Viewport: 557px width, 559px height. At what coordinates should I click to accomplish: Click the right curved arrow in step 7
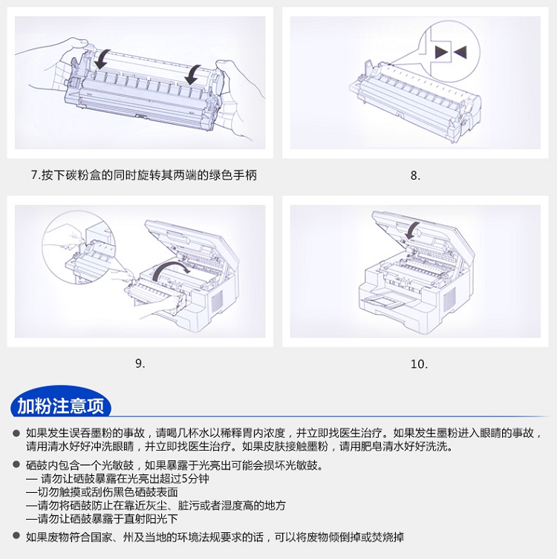(193, 74)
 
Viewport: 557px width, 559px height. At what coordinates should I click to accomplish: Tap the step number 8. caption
(415, 175)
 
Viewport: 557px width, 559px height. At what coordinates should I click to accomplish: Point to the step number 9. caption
(140, 364)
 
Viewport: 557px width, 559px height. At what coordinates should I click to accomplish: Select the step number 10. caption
(419, 364)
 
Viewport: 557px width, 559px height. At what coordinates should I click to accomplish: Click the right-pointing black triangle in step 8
(441, 52)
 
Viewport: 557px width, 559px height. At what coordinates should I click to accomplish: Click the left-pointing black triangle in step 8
(460, 52)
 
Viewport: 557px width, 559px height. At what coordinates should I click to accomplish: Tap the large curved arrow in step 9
(168, 266)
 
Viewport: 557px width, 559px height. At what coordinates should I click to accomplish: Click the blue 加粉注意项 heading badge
(61, 402)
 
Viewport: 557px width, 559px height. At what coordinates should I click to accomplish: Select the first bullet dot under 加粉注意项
(16, 433)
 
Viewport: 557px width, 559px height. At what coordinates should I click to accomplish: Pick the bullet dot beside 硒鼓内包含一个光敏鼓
(16, 464)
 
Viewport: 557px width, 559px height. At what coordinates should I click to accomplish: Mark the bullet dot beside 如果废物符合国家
(16, 535)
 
